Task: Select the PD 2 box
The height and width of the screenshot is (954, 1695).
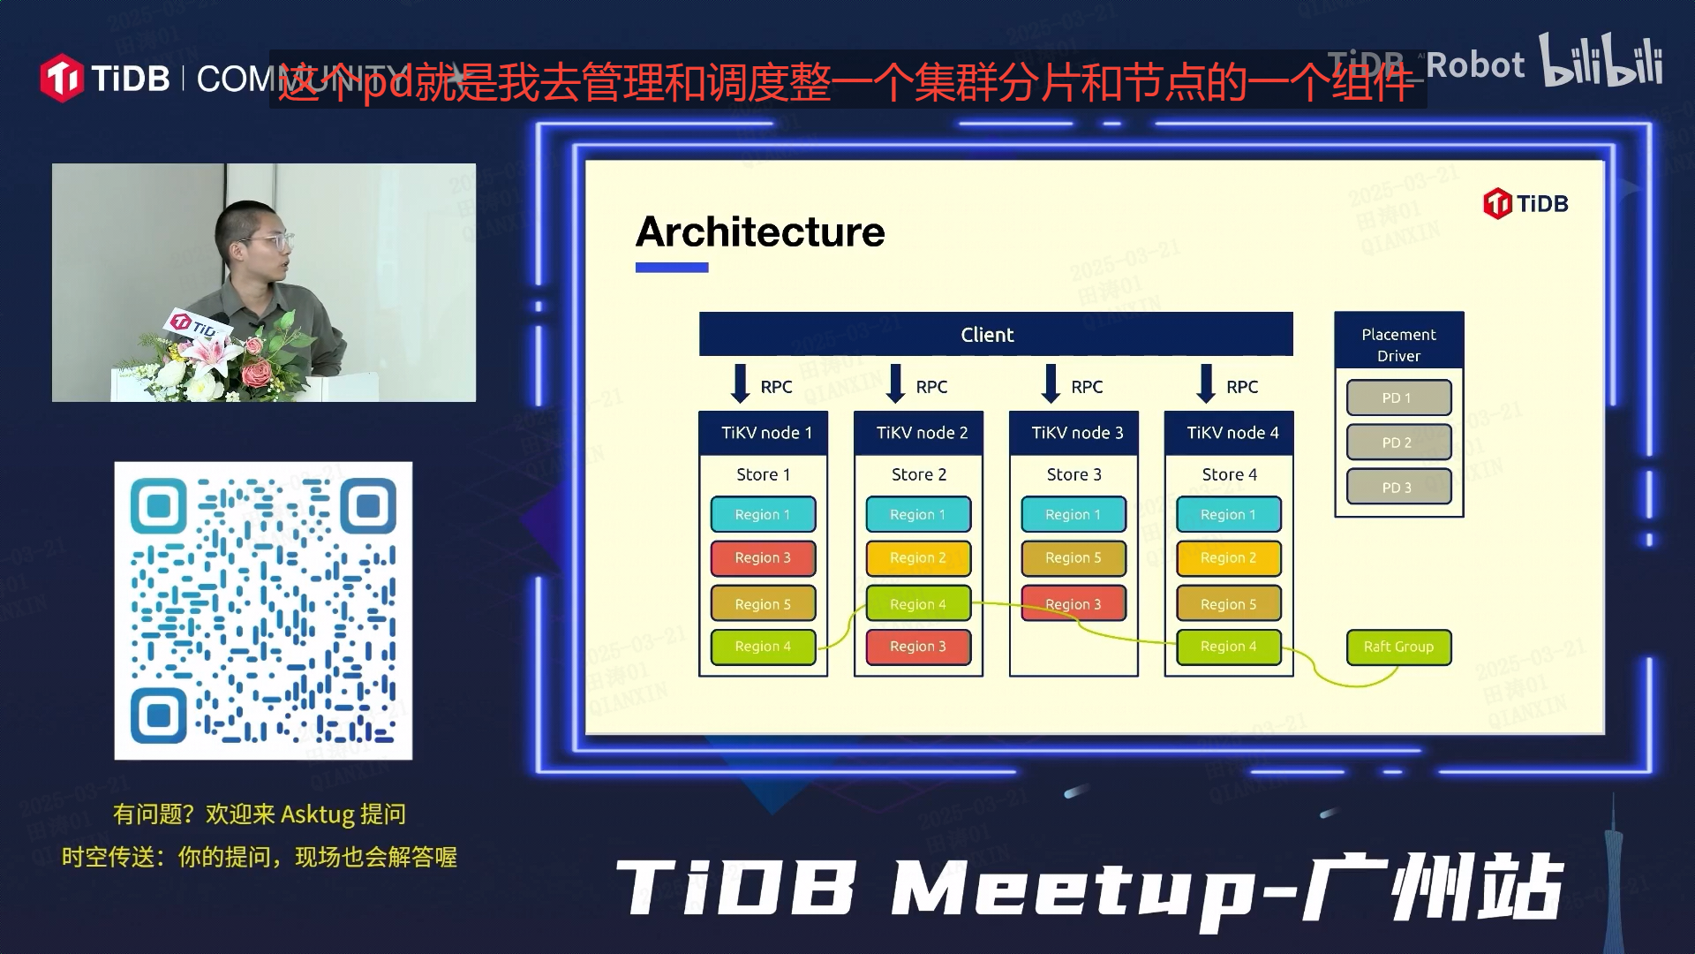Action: pos(1398,443)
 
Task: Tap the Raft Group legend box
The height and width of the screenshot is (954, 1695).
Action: pos(1398,647)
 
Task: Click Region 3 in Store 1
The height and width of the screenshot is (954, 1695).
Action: pos(763,558)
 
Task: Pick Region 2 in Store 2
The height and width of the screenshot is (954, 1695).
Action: pos(918,558)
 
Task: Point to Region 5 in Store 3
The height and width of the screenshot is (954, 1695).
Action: pos(1073,558)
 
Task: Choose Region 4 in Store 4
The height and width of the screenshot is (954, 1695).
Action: pos(1228,647)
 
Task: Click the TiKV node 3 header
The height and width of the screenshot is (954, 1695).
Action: pos(1073,433)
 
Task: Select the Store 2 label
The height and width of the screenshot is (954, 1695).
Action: pos(918,474)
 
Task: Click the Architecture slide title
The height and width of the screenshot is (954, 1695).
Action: pos(760,232)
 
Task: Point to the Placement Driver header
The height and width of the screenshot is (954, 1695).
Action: pos(1398,344)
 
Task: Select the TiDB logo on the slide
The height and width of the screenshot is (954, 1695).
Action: pos(1525,204)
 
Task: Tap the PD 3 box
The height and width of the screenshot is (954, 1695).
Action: pos(1398,488)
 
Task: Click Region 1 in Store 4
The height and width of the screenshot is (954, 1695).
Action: pos(1228,514)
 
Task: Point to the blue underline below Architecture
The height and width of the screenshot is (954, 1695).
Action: pos(672,268)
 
